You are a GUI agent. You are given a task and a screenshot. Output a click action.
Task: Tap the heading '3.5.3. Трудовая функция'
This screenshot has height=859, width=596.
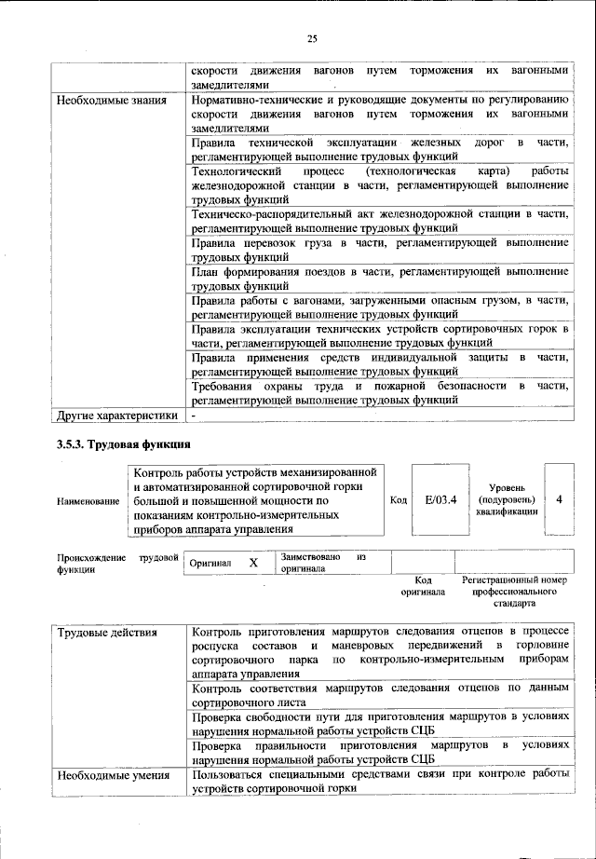pyautogui.click(x=124, y=444)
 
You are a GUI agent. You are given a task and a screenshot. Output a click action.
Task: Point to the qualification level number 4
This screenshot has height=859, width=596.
pyautogui.click(x=559, y=499)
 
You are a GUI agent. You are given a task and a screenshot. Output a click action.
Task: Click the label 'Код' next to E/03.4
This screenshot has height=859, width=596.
pyautogui.click(x=398, y=501)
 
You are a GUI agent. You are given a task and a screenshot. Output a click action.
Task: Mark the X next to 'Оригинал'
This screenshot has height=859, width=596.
pyautogui.click(x=252, y=563)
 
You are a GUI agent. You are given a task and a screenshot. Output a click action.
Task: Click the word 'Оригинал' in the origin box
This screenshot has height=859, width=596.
pyautogui.click(x=210, y=564)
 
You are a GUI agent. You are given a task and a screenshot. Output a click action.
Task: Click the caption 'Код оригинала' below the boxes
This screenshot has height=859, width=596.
pyautogui.click(x=423, y=586)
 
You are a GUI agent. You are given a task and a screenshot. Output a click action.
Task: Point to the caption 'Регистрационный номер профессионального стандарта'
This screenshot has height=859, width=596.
pyautogui.click(x=514, y=592)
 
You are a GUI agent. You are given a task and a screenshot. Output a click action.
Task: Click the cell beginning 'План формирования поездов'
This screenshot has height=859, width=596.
pyautogui.click(x=379, y=279)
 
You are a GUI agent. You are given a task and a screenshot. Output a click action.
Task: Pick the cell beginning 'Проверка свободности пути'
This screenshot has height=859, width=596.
pyautogui.click(x=379, y=724)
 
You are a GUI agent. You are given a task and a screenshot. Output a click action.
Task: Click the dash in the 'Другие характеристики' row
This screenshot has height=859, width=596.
pyautogui.click(x=194, y=414)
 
